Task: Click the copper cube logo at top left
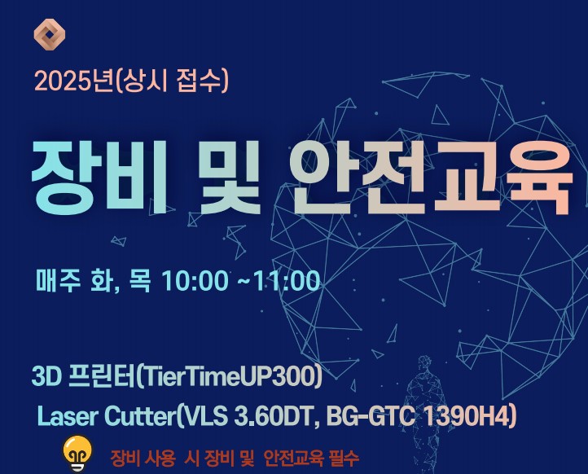[x=49, y=34]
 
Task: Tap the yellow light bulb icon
[x=77, y=454]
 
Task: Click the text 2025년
[x=73, y=81]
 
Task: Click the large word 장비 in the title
[x=99, y=176]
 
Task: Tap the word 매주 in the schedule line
[x=58, y=280]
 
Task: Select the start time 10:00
[x=195, y=280]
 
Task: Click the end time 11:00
[x=287, y=280]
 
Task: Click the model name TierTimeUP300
[x=228, y=376]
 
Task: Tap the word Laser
[x=68, y=416]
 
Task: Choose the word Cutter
[x=139, y=416]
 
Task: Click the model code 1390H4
[x=465, y=416]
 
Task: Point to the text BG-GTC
[x=371, y=416]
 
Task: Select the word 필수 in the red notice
[x=343, y=458]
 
